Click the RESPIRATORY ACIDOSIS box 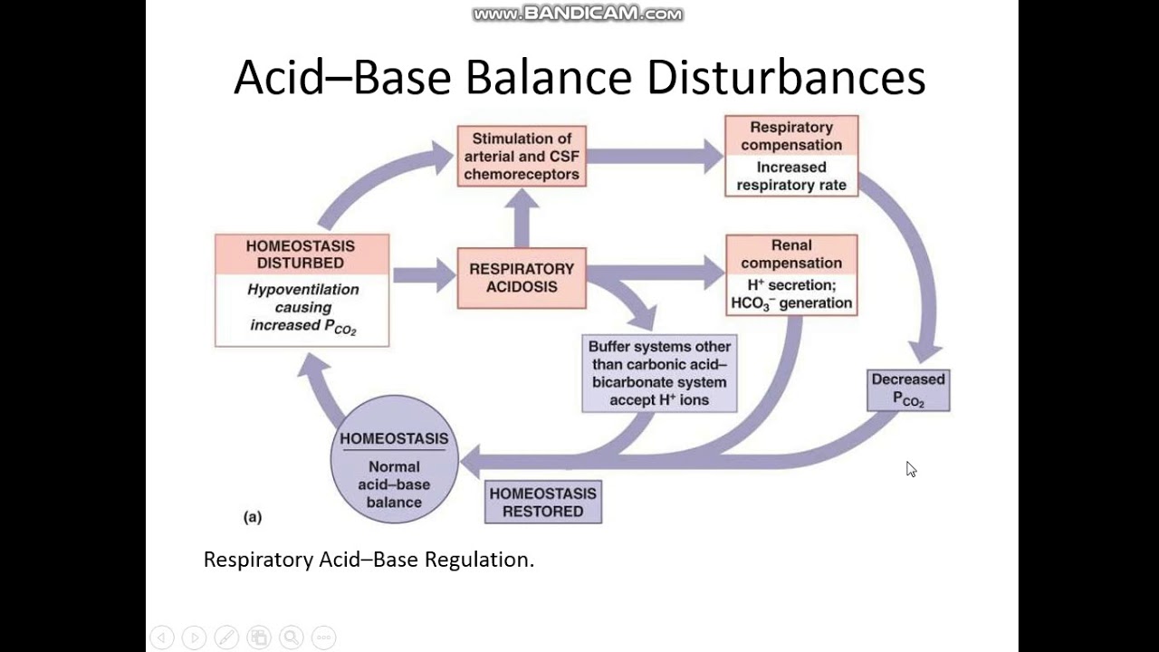522,278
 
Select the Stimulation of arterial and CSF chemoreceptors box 522,157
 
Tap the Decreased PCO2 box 908,390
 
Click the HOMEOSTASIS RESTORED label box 543,503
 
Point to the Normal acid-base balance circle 394,459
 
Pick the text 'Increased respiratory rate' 791,177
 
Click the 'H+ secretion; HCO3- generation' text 791,294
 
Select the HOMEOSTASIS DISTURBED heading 302,254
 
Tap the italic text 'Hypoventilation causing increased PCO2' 302,308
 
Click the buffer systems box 659,373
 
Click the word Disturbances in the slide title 786,78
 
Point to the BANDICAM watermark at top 578,14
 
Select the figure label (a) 253,517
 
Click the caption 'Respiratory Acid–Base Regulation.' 369,560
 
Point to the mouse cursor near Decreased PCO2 910,468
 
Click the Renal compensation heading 791,254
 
